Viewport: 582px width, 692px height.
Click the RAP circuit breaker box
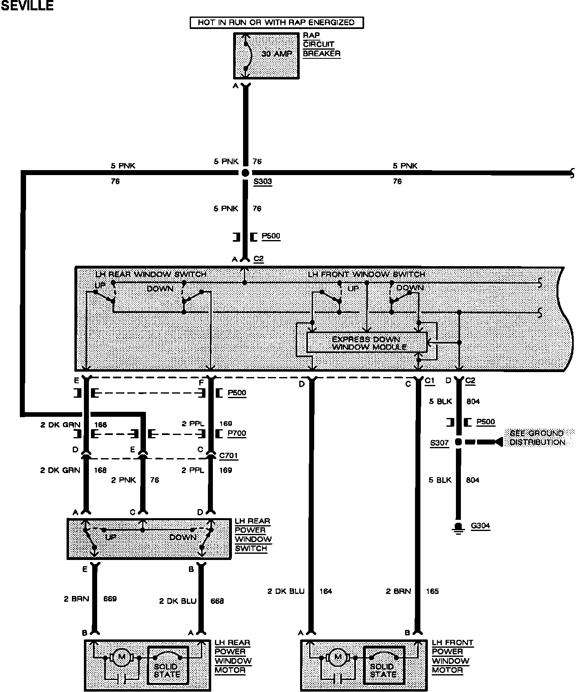pos(266,55)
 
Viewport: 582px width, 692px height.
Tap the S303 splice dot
pos(246,173)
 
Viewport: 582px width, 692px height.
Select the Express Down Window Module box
pos(366,343)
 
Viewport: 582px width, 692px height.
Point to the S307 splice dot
pos(458,442)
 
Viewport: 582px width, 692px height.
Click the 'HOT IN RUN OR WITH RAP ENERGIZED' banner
pos(276,22)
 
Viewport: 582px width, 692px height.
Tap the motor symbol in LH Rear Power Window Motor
pos(122,657)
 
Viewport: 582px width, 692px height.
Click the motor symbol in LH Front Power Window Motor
pos(338,657)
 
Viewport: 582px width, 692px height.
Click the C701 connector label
pos(229,456)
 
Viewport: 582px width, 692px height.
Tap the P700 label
pos(237,433)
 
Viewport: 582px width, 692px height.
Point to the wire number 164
pos(326,591)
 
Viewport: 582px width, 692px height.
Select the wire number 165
pos(432,591)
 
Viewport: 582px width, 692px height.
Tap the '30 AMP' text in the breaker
pos(277,54)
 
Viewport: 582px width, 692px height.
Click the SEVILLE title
pos(27,6)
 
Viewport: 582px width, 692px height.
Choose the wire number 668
pos(217,601)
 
